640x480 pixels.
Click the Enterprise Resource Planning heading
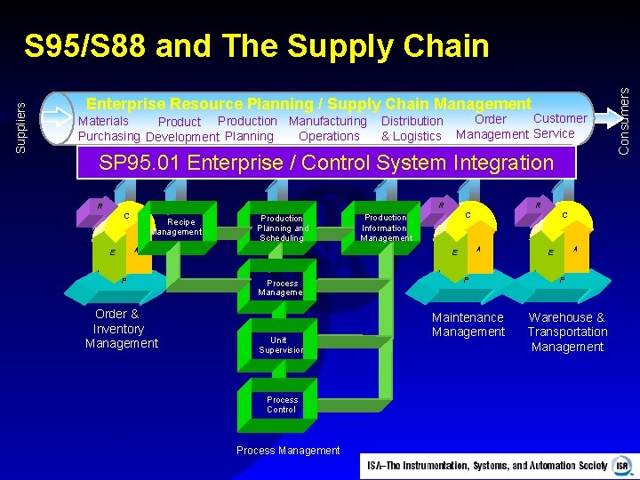pyautogui.click(x=308, y=104)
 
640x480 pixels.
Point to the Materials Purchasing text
pyautogui.click(x=108, y=129)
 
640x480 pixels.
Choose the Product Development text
pyautogui.click(x=181, y=130)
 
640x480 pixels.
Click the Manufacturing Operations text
pyautogui.click(x=328, y=129)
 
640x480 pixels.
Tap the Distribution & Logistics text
pyautogui.click(x=412, y=129)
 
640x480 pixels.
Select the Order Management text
pyautogui.click(x=492, y=126)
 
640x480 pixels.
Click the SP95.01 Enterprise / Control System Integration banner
pyautogui.click(x=325, y=163)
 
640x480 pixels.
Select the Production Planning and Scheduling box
pyautogui.click(x=281, y=228)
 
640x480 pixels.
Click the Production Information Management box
pyautogui.click(x=386, y=227)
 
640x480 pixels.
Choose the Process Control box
pyautogui.click(x=281, y=404)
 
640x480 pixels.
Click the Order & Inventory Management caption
pyautogui.click(x=121, y=329)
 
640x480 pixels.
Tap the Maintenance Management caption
pyautogui.click(x=468, y=324)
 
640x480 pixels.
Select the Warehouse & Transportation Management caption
pyautogui.click(x=567, y=332)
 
